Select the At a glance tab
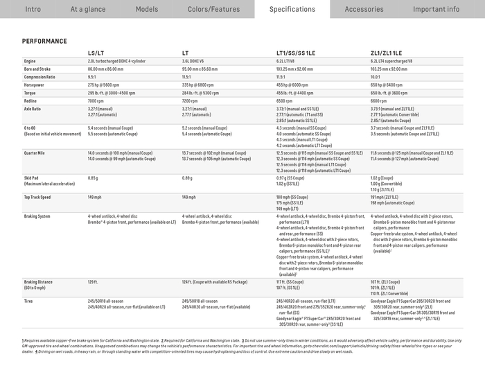coord(88,9)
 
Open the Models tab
coord(147,9)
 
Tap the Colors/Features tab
coord(213,9)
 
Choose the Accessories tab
coord(364,9)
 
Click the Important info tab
coord(436,9)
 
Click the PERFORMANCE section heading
coord(44,42)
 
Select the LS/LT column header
coord(96,53)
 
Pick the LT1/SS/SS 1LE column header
coord(296,53)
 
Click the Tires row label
coord(28,301)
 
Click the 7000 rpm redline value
coord(96,100)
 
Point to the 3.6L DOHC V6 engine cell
coord(196,61)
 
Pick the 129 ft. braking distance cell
coord(92,282)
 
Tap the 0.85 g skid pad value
coord(93,178)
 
